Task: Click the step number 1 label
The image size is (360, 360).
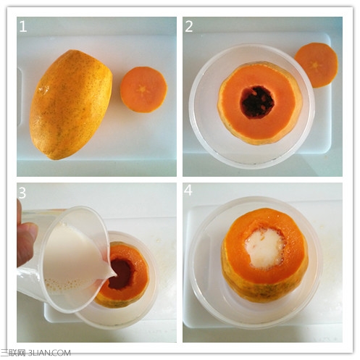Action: (x=23, y=26)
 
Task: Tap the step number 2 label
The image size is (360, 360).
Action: (x=189, y=26)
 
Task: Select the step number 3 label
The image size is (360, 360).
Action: (x=22, y=193)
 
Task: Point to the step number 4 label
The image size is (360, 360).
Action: (x=188, y=191)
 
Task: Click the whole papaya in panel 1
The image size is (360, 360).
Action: (x=70, y=104)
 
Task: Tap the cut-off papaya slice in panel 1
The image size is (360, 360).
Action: (x=143, y=90)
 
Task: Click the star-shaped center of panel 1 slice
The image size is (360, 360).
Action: (x=143, y=89)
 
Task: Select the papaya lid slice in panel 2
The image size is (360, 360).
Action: (x=317, y=64)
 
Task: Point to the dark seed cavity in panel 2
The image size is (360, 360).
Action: (x=258, y=102)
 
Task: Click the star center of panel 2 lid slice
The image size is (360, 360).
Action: (x=315, y=65)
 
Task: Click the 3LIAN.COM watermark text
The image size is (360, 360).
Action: (x=49, y=353)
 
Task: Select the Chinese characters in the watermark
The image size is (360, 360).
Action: (x=13, y=353)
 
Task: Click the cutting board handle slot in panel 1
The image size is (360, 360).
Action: (x=20, y=96)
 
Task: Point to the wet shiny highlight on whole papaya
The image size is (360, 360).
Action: (x=43, y=90)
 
